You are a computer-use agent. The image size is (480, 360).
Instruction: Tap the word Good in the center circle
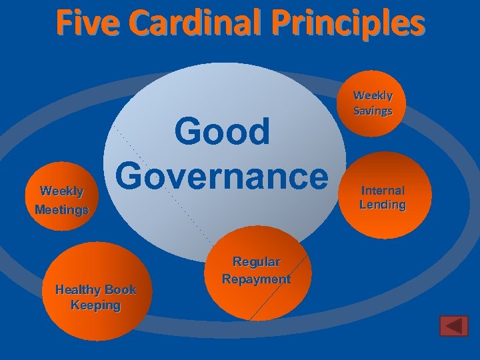[222, 132]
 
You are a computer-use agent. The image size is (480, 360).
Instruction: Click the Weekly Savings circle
[373, 104]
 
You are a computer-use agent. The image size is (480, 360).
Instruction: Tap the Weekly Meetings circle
[61, 200]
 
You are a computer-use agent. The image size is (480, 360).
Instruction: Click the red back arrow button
[454, 326]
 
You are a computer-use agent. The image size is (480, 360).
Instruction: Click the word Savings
[373, 111]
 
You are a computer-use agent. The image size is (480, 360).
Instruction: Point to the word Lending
[383, 205]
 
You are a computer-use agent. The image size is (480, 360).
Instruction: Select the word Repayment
[257, 279]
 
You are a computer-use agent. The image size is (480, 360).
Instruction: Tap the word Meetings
[61, 209]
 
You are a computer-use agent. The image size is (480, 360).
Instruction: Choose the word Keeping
[95, 305]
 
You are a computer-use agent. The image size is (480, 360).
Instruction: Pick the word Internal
[383, 191]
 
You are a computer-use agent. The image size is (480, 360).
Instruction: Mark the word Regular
[256, 262]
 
